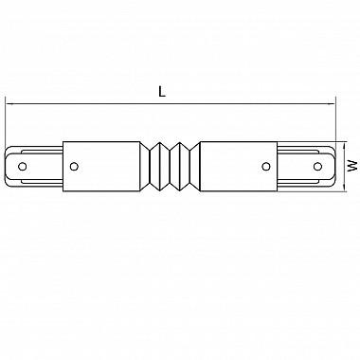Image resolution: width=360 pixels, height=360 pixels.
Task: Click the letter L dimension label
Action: [x=162, y=92]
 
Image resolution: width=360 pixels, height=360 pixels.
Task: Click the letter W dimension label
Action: [x=352, y=166]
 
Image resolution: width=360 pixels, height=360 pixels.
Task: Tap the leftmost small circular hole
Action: [x=22, y=166]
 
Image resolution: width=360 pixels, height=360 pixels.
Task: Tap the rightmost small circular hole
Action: [x=317, y=166]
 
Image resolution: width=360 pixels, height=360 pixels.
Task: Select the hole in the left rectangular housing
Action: [x=74, y=166]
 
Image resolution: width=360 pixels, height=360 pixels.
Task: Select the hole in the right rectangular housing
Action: [x=266, y=166]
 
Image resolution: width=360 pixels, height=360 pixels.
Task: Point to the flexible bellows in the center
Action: [x=170, y=166]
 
